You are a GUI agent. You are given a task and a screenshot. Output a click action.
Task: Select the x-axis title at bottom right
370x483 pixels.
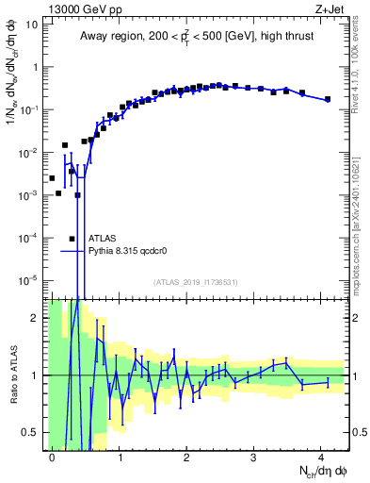311,469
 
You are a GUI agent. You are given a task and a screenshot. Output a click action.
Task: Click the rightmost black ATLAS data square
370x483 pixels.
328,99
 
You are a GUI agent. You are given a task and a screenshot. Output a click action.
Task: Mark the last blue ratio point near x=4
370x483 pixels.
328,382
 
